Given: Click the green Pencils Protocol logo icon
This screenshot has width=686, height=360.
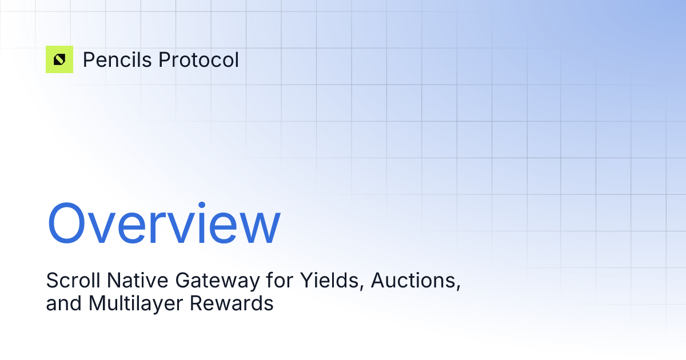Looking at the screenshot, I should coord(59,59).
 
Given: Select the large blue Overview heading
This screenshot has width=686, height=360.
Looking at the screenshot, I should coord(163,224).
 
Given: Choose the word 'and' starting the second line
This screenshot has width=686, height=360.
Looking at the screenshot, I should coord(64,303).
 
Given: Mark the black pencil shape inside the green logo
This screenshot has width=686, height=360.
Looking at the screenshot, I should coord(59,59).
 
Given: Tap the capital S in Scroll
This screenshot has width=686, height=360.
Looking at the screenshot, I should coord(51,281).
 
